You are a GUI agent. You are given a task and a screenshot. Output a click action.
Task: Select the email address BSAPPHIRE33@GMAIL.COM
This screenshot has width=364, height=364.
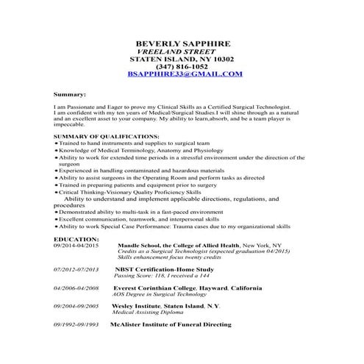(184, 74)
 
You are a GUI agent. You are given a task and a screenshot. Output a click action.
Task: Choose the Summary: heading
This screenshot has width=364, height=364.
(70, 94)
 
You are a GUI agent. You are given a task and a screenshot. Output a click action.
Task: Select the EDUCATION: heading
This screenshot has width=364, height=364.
(76, 239)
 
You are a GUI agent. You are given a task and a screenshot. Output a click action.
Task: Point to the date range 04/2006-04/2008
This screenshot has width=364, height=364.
(76, 288)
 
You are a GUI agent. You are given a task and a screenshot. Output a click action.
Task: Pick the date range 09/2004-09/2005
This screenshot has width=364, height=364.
(76, 305)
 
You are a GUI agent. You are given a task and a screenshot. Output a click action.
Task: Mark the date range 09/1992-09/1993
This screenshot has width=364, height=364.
(76, 324)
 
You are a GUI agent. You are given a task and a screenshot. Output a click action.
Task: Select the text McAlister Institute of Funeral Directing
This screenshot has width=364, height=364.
(171, 324)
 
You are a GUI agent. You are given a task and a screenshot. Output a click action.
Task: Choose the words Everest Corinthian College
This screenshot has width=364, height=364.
(154, 288)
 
